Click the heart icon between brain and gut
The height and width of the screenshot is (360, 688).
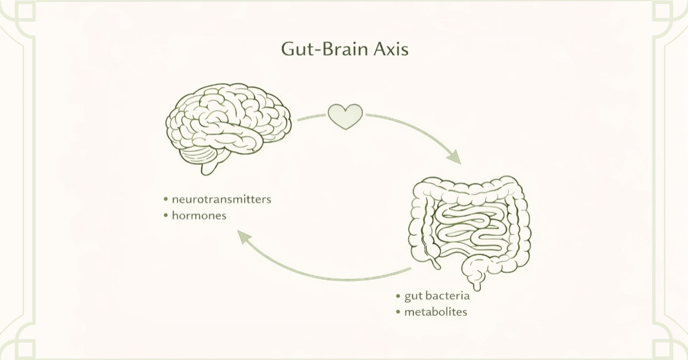pyautogui.click(x=345, y=116)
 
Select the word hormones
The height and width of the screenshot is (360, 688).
pyautogui.click(x=200, y=216)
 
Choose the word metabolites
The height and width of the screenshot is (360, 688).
pyautogui.click(x=436, y=312)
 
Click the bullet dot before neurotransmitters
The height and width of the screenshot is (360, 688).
pyautogui.click(x=166, y=200)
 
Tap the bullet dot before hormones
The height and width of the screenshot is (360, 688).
pyautogui.click(x=166, y=216)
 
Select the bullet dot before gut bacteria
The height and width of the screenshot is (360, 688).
pyautogui.click(x=398, y=296)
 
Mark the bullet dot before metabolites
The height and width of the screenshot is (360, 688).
pyautogui.click(x=398, y=312)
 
